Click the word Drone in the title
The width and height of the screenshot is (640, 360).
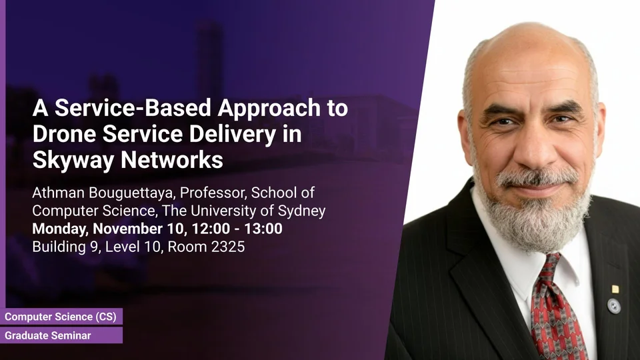click(x=65, y=133)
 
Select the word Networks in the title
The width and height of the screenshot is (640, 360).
click(x=172, y=159)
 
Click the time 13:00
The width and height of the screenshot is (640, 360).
click(x=263, y=229)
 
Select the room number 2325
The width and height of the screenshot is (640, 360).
click(x=228, y=247)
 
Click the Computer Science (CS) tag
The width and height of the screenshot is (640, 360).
click(x=61, y=317)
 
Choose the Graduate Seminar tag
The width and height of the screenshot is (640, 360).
click(x=61, y=335)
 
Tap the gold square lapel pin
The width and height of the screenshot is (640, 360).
click(x=615, y=289)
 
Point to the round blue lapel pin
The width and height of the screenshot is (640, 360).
click(x=614, y=306)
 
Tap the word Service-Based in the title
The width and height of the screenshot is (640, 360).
click(x=133, y=108)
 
